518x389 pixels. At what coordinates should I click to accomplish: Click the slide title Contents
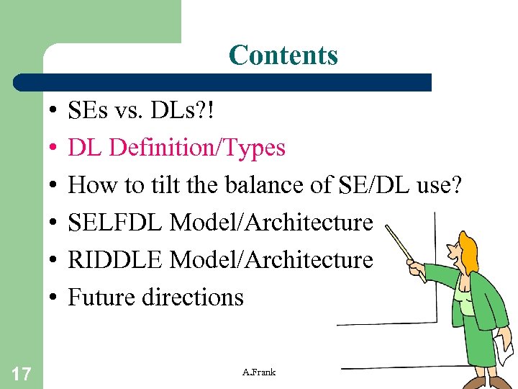[283, 55]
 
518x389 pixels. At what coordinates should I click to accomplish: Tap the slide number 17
[21, 372]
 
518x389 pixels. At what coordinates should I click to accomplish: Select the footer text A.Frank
[259, 372]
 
